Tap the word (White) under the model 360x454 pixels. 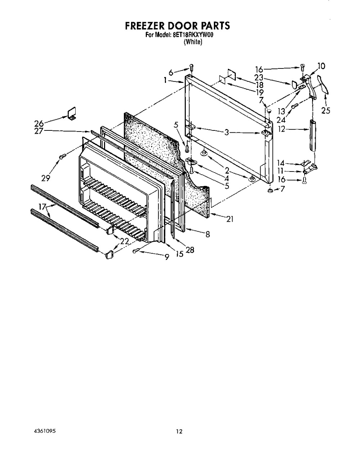193,42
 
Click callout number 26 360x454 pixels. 39,123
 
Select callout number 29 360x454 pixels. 45,178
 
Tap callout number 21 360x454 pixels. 230,219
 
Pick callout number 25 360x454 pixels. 326,111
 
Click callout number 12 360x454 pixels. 282,129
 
